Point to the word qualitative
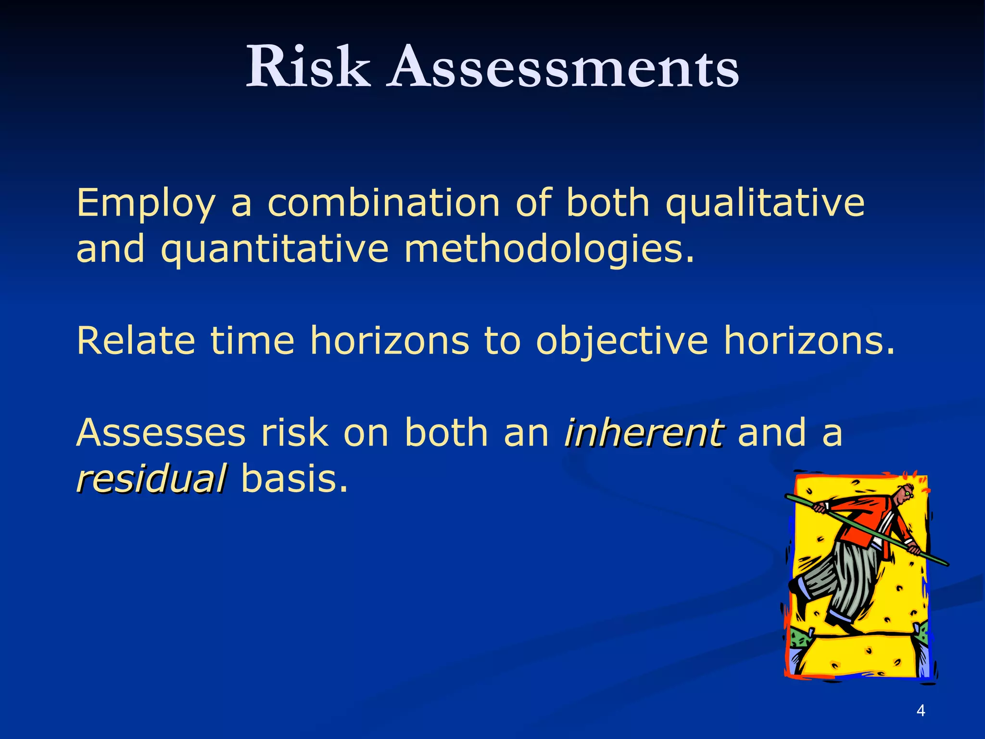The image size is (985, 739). (x=765, y=204)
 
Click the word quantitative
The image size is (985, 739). (x=274, y=250)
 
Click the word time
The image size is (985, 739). (x=253, y=341)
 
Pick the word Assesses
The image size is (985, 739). (x=161, y=433)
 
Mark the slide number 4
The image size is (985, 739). (x=921, y=710)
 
